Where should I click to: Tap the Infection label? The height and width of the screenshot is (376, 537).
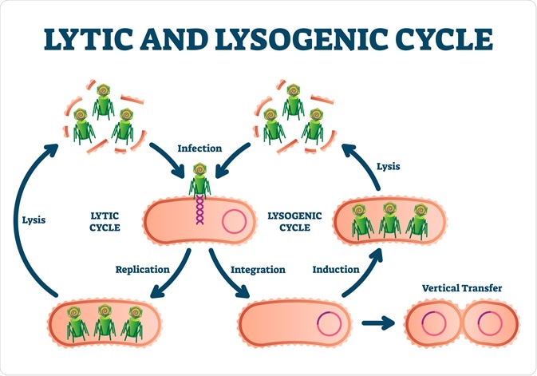pyautogui.click(x=199, y=148)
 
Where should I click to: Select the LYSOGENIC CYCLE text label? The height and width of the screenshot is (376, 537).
pyautogui.click(x=289, y=222)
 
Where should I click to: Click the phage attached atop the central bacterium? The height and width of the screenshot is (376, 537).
pyautogui.click(x=199, y=179)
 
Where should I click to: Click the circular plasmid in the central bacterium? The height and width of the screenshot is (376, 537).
pyautogui.click(x=233, y=221)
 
